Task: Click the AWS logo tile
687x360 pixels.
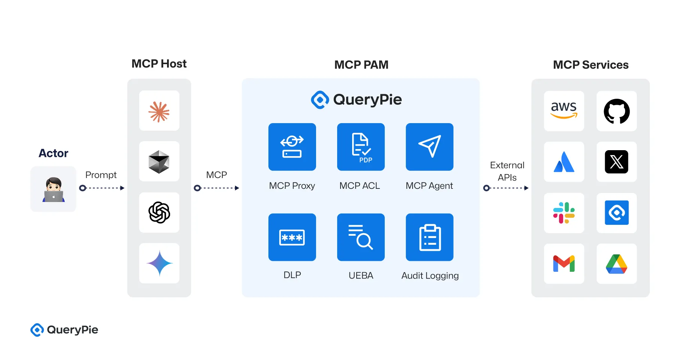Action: coord(563,111)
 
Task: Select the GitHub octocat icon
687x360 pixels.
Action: coord(616,111)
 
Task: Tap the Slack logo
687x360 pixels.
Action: coord(563,213)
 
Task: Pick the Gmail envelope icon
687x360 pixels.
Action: coord(563,264)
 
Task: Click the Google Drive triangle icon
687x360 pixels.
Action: coord(616,264)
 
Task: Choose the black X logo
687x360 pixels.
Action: coord(616,162)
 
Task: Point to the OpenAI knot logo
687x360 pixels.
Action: coord(159,212)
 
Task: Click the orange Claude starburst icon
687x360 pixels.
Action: coord(159,111)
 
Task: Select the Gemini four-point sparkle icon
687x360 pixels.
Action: coord(159,263)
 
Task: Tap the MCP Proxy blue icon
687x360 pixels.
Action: coord(292,147)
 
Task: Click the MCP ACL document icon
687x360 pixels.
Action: coord(361,147)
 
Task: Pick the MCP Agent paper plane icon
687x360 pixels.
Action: coord(429,147)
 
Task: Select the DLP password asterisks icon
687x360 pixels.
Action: coord(292,237)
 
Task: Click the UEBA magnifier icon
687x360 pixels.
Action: coord(361,237)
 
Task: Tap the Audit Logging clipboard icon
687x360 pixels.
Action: coord(429,237)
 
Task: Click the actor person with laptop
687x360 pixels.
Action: coord(53,190)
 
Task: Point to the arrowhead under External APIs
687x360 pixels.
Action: coord(526,188)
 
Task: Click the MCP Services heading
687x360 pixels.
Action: coord(591,65)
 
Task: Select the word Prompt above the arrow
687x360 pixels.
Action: coord(101,175)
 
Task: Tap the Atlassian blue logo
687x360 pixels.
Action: coord(563,162)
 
